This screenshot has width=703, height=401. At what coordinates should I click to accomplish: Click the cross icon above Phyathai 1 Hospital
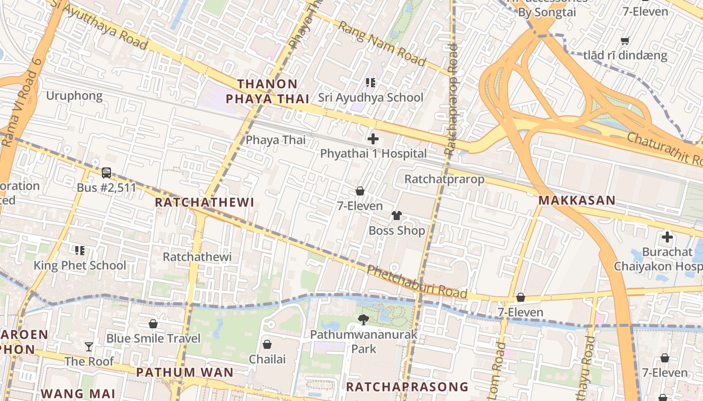(x=373, y=139)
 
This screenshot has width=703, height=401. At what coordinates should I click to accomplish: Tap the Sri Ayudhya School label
(x=371, y=98)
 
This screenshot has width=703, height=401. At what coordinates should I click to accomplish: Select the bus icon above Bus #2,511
(x=106, y=173)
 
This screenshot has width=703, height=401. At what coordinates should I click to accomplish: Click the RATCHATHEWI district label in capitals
(x=204, y=203)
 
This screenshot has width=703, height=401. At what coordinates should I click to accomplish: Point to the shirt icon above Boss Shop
(x=397, y=216)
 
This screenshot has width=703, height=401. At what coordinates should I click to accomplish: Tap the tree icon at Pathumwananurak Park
(x=363, y=319)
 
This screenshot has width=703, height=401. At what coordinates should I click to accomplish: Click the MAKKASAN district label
(x=577, y=200)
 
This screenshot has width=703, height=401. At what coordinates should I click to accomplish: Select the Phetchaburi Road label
(x=417, y=282)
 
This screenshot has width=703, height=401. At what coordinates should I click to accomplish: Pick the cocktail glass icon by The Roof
(x=89, y=346)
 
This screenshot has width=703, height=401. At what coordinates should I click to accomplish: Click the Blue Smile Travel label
(x=153, y=338)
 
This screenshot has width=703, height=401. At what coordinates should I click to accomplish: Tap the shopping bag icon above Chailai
(x=267, y=344)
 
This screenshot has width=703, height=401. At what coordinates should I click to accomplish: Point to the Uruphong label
(x=74, y=96)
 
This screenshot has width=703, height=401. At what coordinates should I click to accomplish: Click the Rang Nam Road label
(x=382, y=44)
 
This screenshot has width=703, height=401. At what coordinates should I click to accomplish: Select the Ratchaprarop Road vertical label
(x=450, y=99)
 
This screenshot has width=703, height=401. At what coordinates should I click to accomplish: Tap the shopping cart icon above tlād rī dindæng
(x=625, y=41)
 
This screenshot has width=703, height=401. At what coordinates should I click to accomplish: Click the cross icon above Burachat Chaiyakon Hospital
(x=667, y=237)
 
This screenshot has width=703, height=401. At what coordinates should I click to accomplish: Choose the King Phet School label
(x=80, y=265)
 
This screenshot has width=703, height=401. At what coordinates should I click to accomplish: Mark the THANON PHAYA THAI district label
(x=267, y=91)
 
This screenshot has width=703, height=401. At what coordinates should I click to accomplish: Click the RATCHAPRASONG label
(x=407, y=386)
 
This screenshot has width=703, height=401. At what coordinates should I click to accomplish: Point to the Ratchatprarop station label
(x=444, y=179)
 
